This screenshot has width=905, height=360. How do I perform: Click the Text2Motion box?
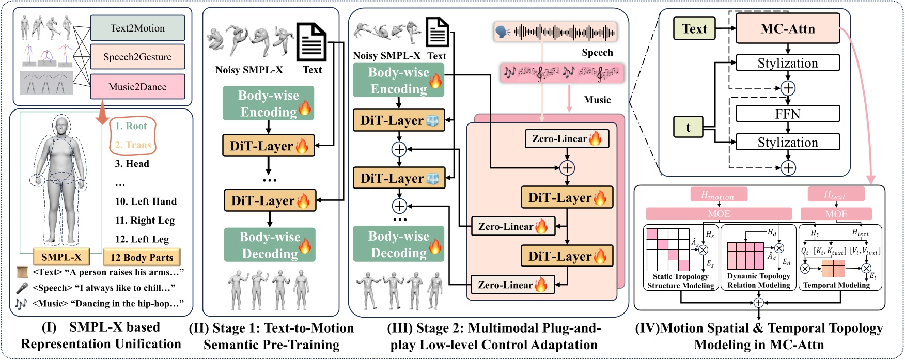137,28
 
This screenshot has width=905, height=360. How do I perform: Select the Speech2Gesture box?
137,57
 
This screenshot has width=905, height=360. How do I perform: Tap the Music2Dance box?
137,87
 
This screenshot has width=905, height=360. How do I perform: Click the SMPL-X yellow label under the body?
61,257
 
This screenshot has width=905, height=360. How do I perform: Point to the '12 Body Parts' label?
142,257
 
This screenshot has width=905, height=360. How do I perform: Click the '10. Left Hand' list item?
146,201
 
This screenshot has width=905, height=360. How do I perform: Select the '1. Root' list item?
131,126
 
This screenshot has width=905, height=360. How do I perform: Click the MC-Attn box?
787,29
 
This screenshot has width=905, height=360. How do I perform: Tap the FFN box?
787,114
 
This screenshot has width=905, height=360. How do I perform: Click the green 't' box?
688,128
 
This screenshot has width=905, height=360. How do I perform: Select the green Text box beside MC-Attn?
694,29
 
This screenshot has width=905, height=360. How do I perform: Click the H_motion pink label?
718,195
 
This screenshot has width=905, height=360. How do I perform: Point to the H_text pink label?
835,195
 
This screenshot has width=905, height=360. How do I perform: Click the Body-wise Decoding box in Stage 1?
270,245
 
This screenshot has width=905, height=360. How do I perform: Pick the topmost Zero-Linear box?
567,138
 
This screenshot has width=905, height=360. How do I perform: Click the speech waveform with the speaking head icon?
555,33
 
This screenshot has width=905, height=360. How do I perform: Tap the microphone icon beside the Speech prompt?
22,288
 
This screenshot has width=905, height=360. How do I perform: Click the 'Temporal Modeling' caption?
836,285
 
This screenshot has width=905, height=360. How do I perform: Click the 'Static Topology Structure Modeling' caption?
680,281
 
